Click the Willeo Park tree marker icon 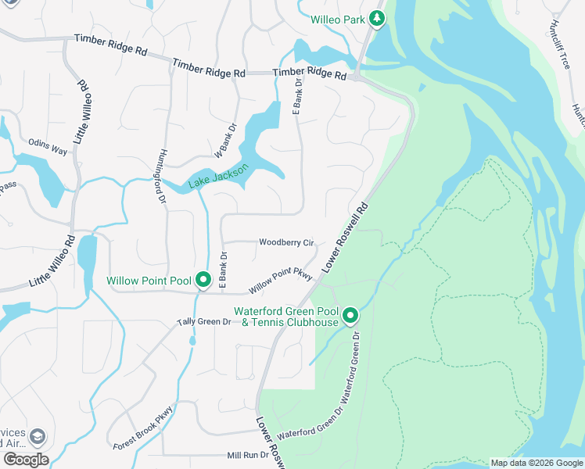(376, 18)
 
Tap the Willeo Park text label (338, 19)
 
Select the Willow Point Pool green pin (204, 279)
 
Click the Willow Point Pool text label (149, 280)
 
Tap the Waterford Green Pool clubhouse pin (350, 316)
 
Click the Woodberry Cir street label (286, 242)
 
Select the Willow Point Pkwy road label (281, 282)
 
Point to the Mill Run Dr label (248, 454)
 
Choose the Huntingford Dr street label (162, 177)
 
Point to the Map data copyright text (536, 463)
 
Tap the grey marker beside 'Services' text (37, 436)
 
